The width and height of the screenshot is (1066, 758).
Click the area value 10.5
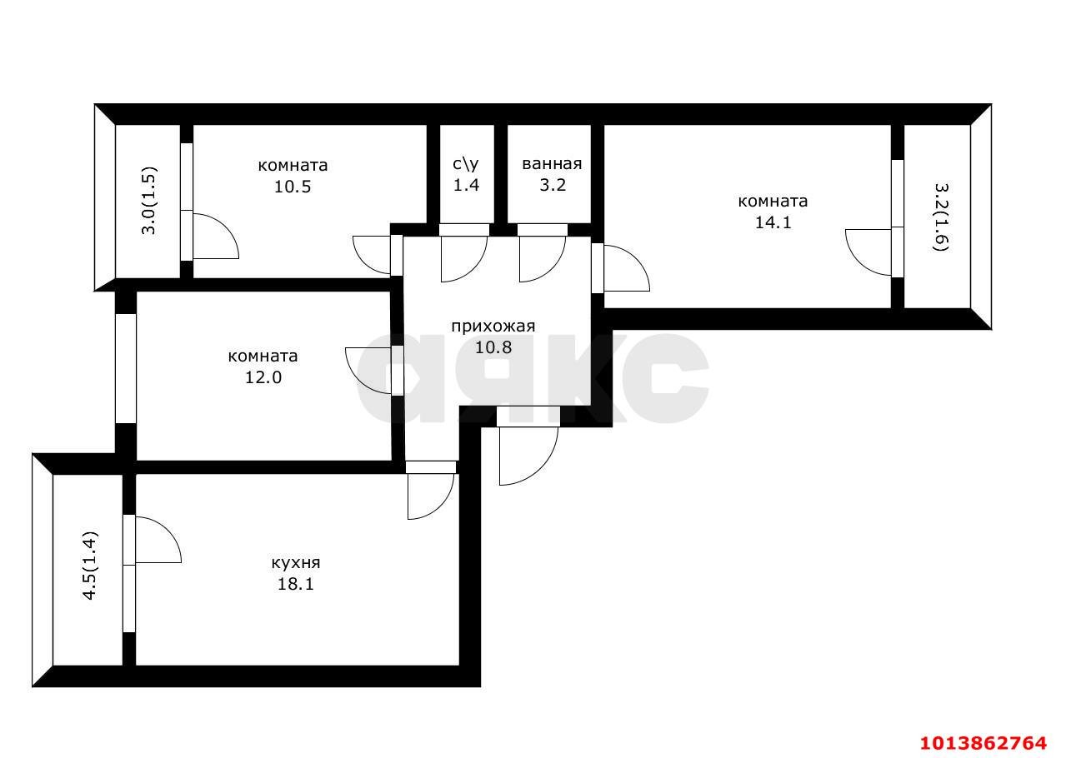point(293,187)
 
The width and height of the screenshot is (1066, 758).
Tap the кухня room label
point(295,562)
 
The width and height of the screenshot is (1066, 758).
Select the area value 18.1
point(295,584)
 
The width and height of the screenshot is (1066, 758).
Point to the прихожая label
point(492,326)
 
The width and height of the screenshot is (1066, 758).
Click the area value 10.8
point(493,347)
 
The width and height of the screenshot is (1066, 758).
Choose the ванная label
point(551,163)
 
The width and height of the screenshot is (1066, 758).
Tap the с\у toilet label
point(466,163)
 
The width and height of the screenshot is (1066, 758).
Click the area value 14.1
point(772,222)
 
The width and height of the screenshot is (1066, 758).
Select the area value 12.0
point(262,377)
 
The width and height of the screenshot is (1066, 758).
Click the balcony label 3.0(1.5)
point(148,202)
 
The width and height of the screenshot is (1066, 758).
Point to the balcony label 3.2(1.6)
point(940,217)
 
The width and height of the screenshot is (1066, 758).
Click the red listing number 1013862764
point(982,741)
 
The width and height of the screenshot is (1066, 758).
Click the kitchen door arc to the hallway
point(429,497)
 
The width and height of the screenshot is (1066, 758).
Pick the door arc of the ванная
point(540,260)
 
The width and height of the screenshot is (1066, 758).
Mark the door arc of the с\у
point(463,260)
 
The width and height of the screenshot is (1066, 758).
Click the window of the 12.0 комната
point(125,367)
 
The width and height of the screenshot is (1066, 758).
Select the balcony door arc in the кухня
point(158,540)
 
